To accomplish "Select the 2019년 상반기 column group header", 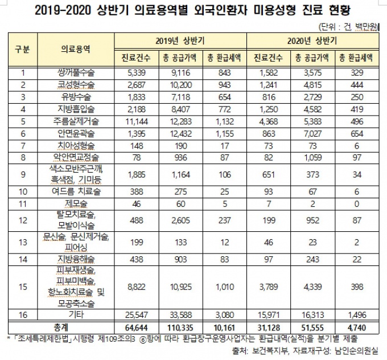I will [180, 42].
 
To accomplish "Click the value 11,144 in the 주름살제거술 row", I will [135, 121].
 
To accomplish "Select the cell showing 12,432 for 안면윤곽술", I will [180, 132].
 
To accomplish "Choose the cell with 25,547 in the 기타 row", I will [135, 314].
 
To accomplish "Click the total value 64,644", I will [135, 326].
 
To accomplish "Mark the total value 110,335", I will [180, 326].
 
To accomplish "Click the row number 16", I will [23, 314].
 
